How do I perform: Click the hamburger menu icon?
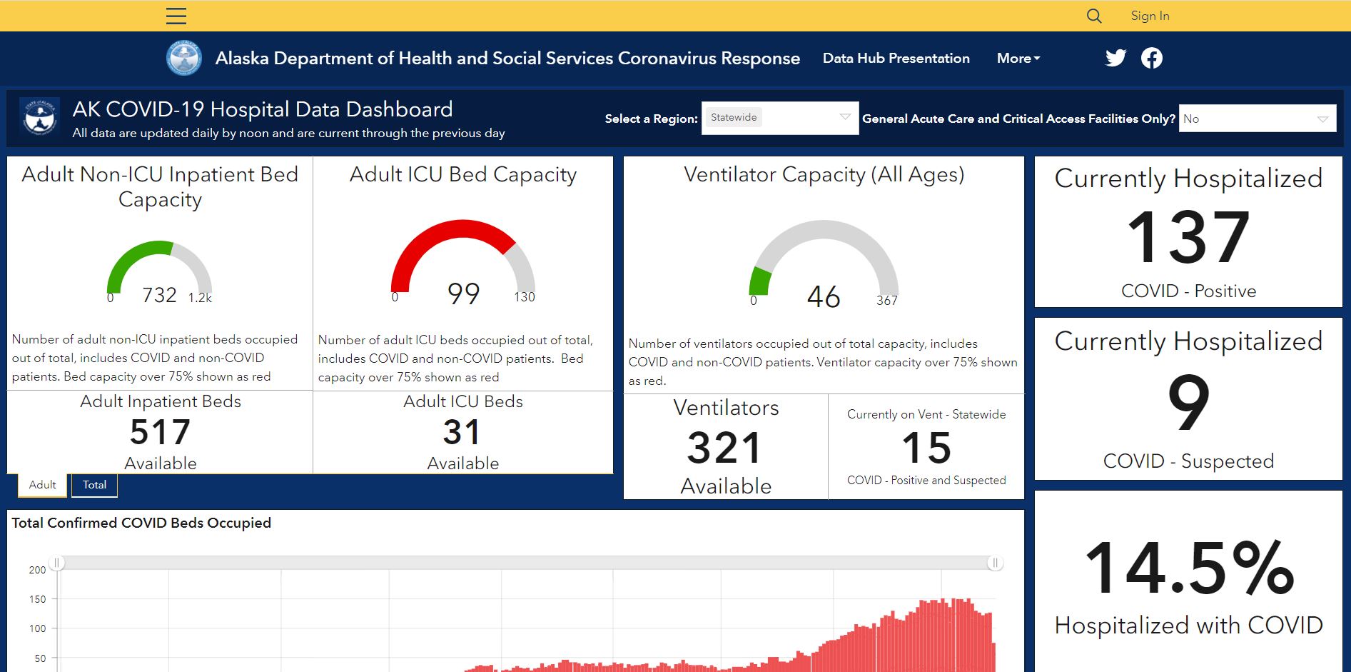point(176,16)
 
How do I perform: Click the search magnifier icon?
point(1094,16)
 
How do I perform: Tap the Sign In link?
point(1150,16)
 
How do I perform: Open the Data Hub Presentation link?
point(896,58)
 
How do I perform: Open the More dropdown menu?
point(1018,58)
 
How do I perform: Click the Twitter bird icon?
point(1115,58)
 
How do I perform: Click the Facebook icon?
point(1151,58)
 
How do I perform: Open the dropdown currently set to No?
point(1258,119)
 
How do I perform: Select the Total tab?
point(94,485)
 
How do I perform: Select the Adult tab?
point(42,485)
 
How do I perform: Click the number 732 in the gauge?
point(159,295)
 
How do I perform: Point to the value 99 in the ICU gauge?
point(463,294)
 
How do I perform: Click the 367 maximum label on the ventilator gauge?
point(887,301)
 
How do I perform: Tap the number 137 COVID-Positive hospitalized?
point(1188,237)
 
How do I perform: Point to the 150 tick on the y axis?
point(37,599)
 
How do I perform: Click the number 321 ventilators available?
point(725,448)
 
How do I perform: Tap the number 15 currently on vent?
point(926,448)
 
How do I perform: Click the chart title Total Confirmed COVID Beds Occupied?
point(141,523)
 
